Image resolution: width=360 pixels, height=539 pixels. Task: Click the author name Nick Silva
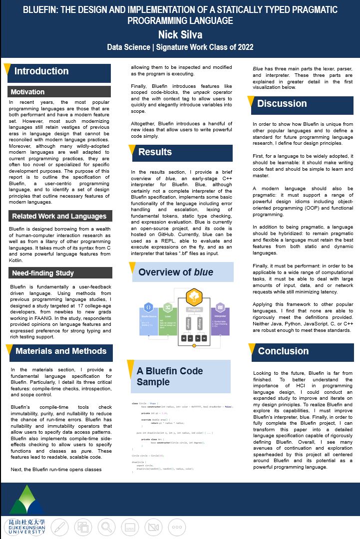(180, 34)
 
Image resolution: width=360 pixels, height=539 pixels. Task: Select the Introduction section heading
(41, 71)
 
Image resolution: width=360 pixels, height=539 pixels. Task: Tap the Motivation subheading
(28, 92)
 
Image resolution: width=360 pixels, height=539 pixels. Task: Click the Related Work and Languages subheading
(59, 216)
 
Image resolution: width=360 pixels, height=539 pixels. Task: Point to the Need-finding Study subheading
(43, 273)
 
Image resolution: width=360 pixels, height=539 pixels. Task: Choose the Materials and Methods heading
(61, 351)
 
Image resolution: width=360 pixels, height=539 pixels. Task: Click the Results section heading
(155, 152)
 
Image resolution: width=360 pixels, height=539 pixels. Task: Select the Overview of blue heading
(175, 272)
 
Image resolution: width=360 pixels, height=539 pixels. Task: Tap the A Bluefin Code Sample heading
(170, 377)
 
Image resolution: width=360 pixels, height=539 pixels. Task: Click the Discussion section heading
(282, 104)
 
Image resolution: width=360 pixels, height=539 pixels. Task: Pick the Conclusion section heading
(283, 351)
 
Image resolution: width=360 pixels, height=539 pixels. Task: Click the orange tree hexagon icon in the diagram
(194, 297)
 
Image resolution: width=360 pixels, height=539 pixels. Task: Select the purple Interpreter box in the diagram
(220, 319)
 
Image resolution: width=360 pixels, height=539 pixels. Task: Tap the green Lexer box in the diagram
(168, 319)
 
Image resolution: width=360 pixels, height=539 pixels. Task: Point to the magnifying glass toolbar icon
(106, 527)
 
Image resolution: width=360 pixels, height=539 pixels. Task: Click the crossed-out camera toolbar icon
(153, 527)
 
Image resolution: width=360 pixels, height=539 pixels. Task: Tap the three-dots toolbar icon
(176, 527)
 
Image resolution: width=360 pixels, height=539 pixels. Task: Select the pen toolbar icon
(59, 527)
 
